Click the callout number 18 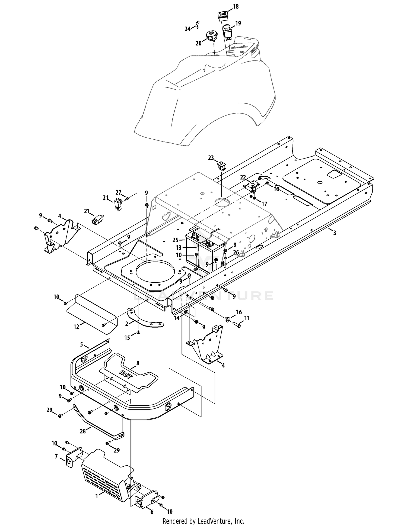tap(236, 7)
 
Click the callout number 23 tap(211, 158)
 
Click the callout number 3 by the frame tap(335, 233)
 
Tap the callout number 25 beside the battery tap(175, 240)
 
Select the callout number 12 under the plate tap(76, 327)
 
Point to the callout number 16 tap(239, 312)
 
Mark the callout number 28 tap(83, 431)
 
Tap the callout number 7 tap(56, 457)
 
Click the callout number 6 tap(151, 512)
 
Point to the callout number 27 tap(118, 193)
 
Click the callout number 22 tap(243, 178)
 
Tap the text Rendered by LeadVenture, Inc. tap(203, 521)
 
